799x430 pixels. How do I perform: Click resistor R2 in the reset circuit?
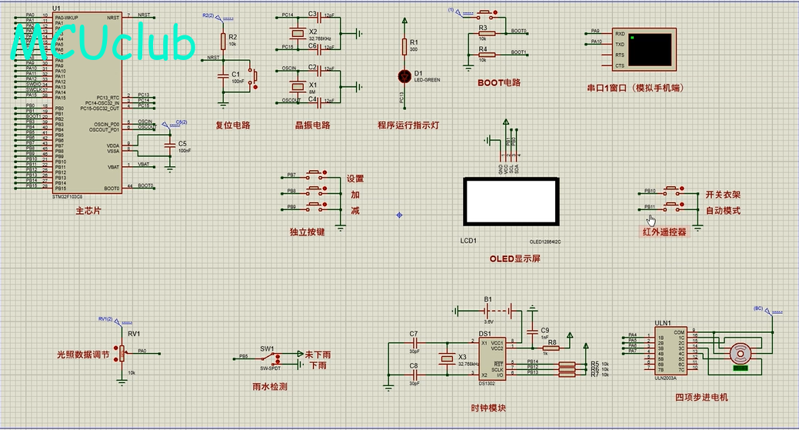(223, 42)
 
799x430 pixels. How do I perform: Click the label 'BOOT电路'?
(499, 82)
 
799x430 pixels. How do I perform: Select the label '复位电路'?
(232, 125)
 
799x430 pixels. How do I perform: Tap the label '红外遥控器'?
(664, 231)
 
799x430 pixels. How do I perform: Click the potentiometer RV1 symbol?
(121, 353)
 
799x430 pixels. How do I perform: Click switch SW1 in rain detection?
(268, 357)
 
